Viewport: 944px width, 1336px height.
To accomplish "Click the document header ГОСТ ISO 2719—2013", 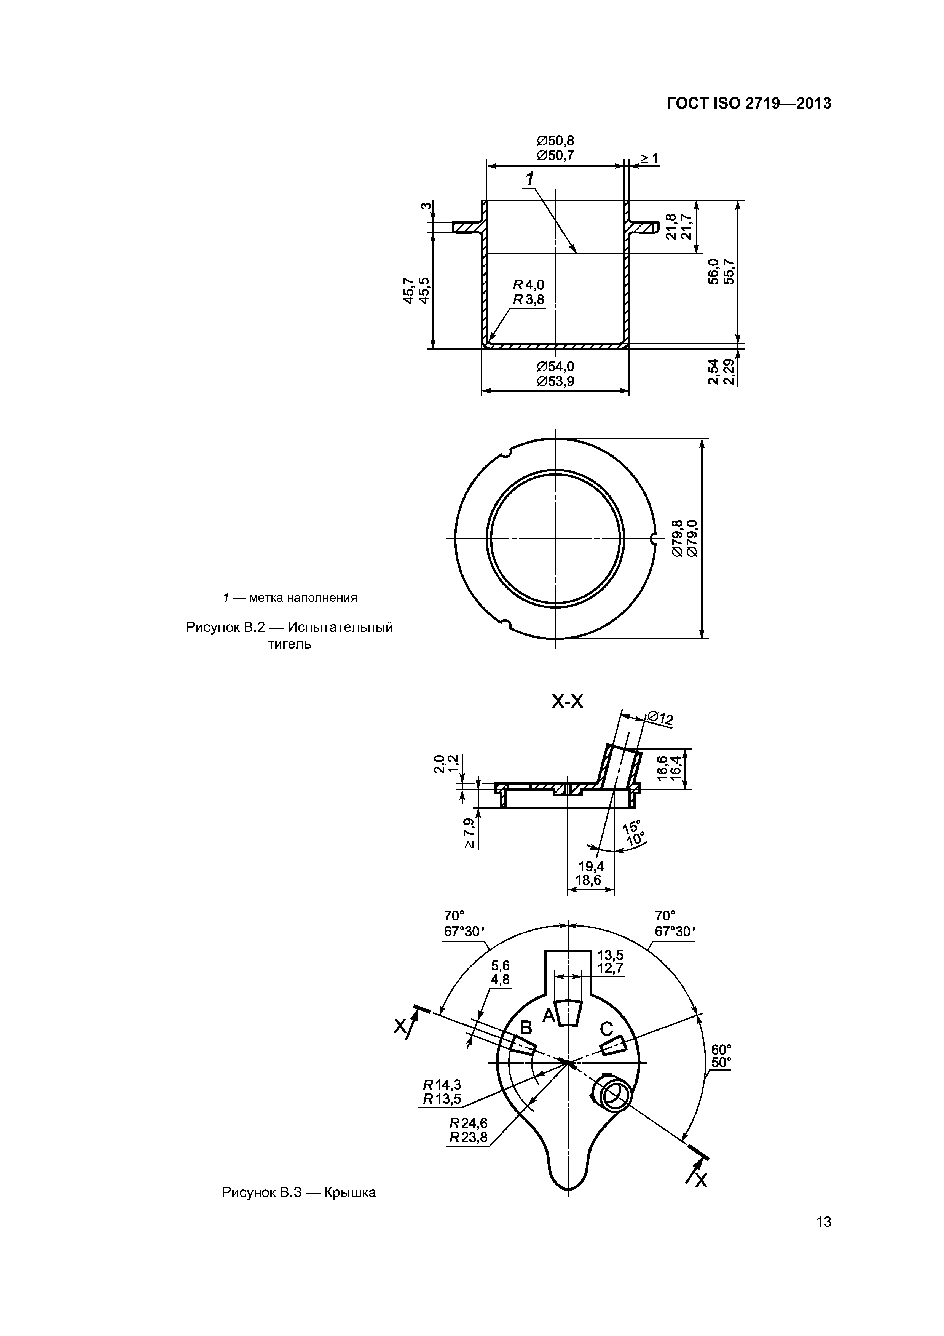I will pos(749,104).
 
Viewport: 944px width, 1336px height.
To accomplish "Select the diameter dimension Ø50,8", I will pos(555,141).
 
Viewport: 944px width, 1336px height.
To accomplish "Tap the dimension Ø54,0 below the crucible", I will pos(555,367).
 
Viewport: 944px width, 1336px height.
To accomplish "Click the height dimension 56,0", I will pos(714,272).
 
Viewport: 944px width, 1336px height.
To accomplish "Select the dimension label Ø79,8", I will pos(678,538).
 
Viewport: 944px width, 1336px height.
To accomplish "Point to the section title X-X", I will pos(567,702).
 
